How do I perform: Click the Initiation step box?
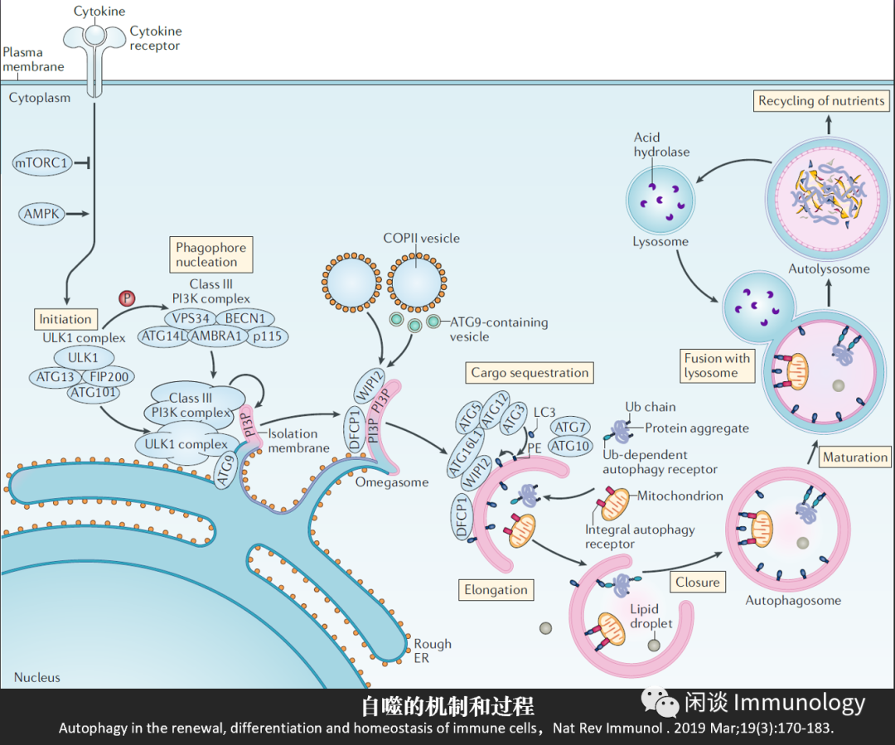click(65, 319)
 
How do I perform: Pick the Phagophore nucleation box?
click(211, 254)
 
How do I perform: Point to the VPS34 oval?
click(190, 318)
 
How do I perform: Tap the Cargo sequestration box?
click(530, 373)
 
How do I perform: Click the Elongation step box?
click(496, 590)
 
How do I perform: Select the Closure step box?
click(697, 582)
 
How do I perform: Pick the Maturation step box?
click(855, 457)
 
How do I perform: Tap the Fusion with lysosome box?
click(717, 365)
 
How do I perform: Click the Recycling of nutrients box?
click(821, 101)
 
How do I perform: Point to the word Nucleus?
click(37, 677)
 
